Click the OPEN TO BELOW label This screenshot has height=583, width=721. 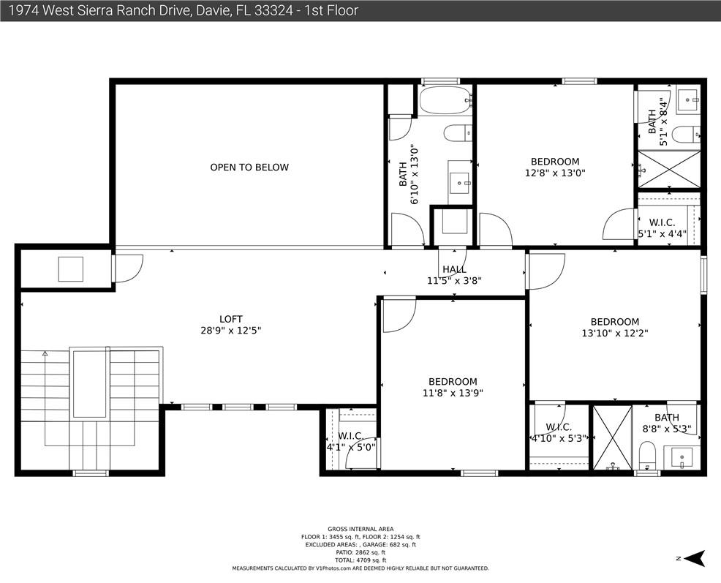coord(249,167)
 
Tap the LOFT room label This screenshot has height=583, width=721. coord(231,319)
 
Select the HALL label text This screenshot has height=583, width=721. coord(454,270)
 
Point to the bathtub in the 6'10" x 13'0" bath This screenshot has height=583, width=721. coord(445,100)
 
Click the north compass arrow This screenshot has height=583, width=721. coord(695,558)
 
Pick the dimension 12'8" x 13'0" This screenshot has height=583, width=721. coord(555,173)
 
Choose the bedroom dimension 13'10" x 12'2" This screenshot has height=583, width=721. coord(615,333)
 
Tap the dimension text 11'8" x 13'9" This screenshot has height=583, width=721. coord(453,393)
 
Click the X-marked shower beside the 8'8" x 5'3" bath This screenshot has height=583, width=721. coord(613,437)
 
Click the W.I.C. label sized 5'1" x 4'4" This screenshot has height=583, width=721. coord(663,222)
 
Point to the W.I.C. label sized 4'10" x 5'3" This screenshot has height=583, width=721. coord(559,427)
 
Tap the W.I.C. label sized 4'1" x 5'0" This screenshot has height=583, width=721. coord(351,435)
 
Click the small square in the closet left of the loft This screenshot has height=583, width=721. coord(70,269)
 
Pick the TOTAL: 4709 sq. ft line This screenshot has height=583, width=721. coord(360,560)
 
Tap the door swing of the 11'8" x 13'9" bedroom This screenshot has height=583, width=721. coord(399,316)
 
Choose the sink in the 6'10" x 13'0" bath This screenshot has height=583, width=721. coord(459,183)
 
